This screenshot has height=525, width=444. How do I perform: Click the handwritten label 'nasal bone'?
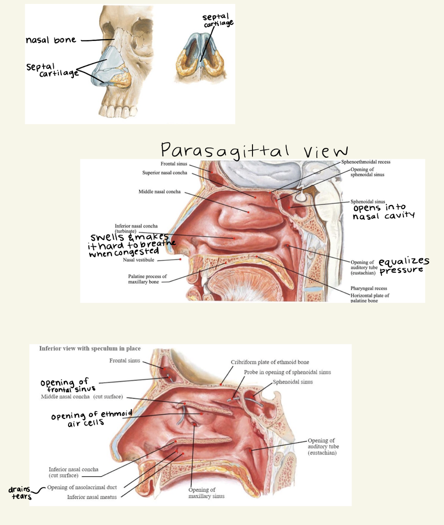(51, 40)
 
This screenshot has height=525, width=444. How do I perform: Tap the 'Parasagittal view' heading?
(254, 150)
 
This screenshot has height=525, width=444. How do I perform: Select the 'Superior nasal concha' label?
(165, 173)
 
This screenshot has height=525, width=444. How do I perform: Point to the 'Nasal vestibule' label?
(138, 260)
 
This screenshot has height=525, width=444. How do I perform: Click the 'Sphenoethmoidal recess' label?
(366, 162)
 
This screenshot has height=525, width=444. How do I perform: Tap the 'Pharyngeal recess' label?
(369, 288)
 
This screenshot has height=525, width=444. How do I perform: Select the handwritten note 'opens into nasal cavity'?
(383, 211)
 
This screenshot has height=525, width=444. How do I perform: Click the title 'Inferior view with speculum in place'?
(90, 348)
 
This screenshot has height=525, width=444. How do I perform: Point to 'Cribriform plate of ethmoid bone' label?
(272, 362)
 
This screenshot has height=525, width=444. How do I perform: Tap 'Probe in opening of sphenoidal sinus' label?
(287, 372)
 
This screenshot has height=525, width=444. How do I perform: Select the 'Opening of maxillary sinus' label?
(207, 493)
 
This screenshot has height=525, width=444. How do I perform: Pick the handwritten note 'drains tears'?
(20, 493)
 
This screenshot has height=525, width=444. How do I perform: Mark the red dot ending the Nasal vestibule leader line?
(181, 260)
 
